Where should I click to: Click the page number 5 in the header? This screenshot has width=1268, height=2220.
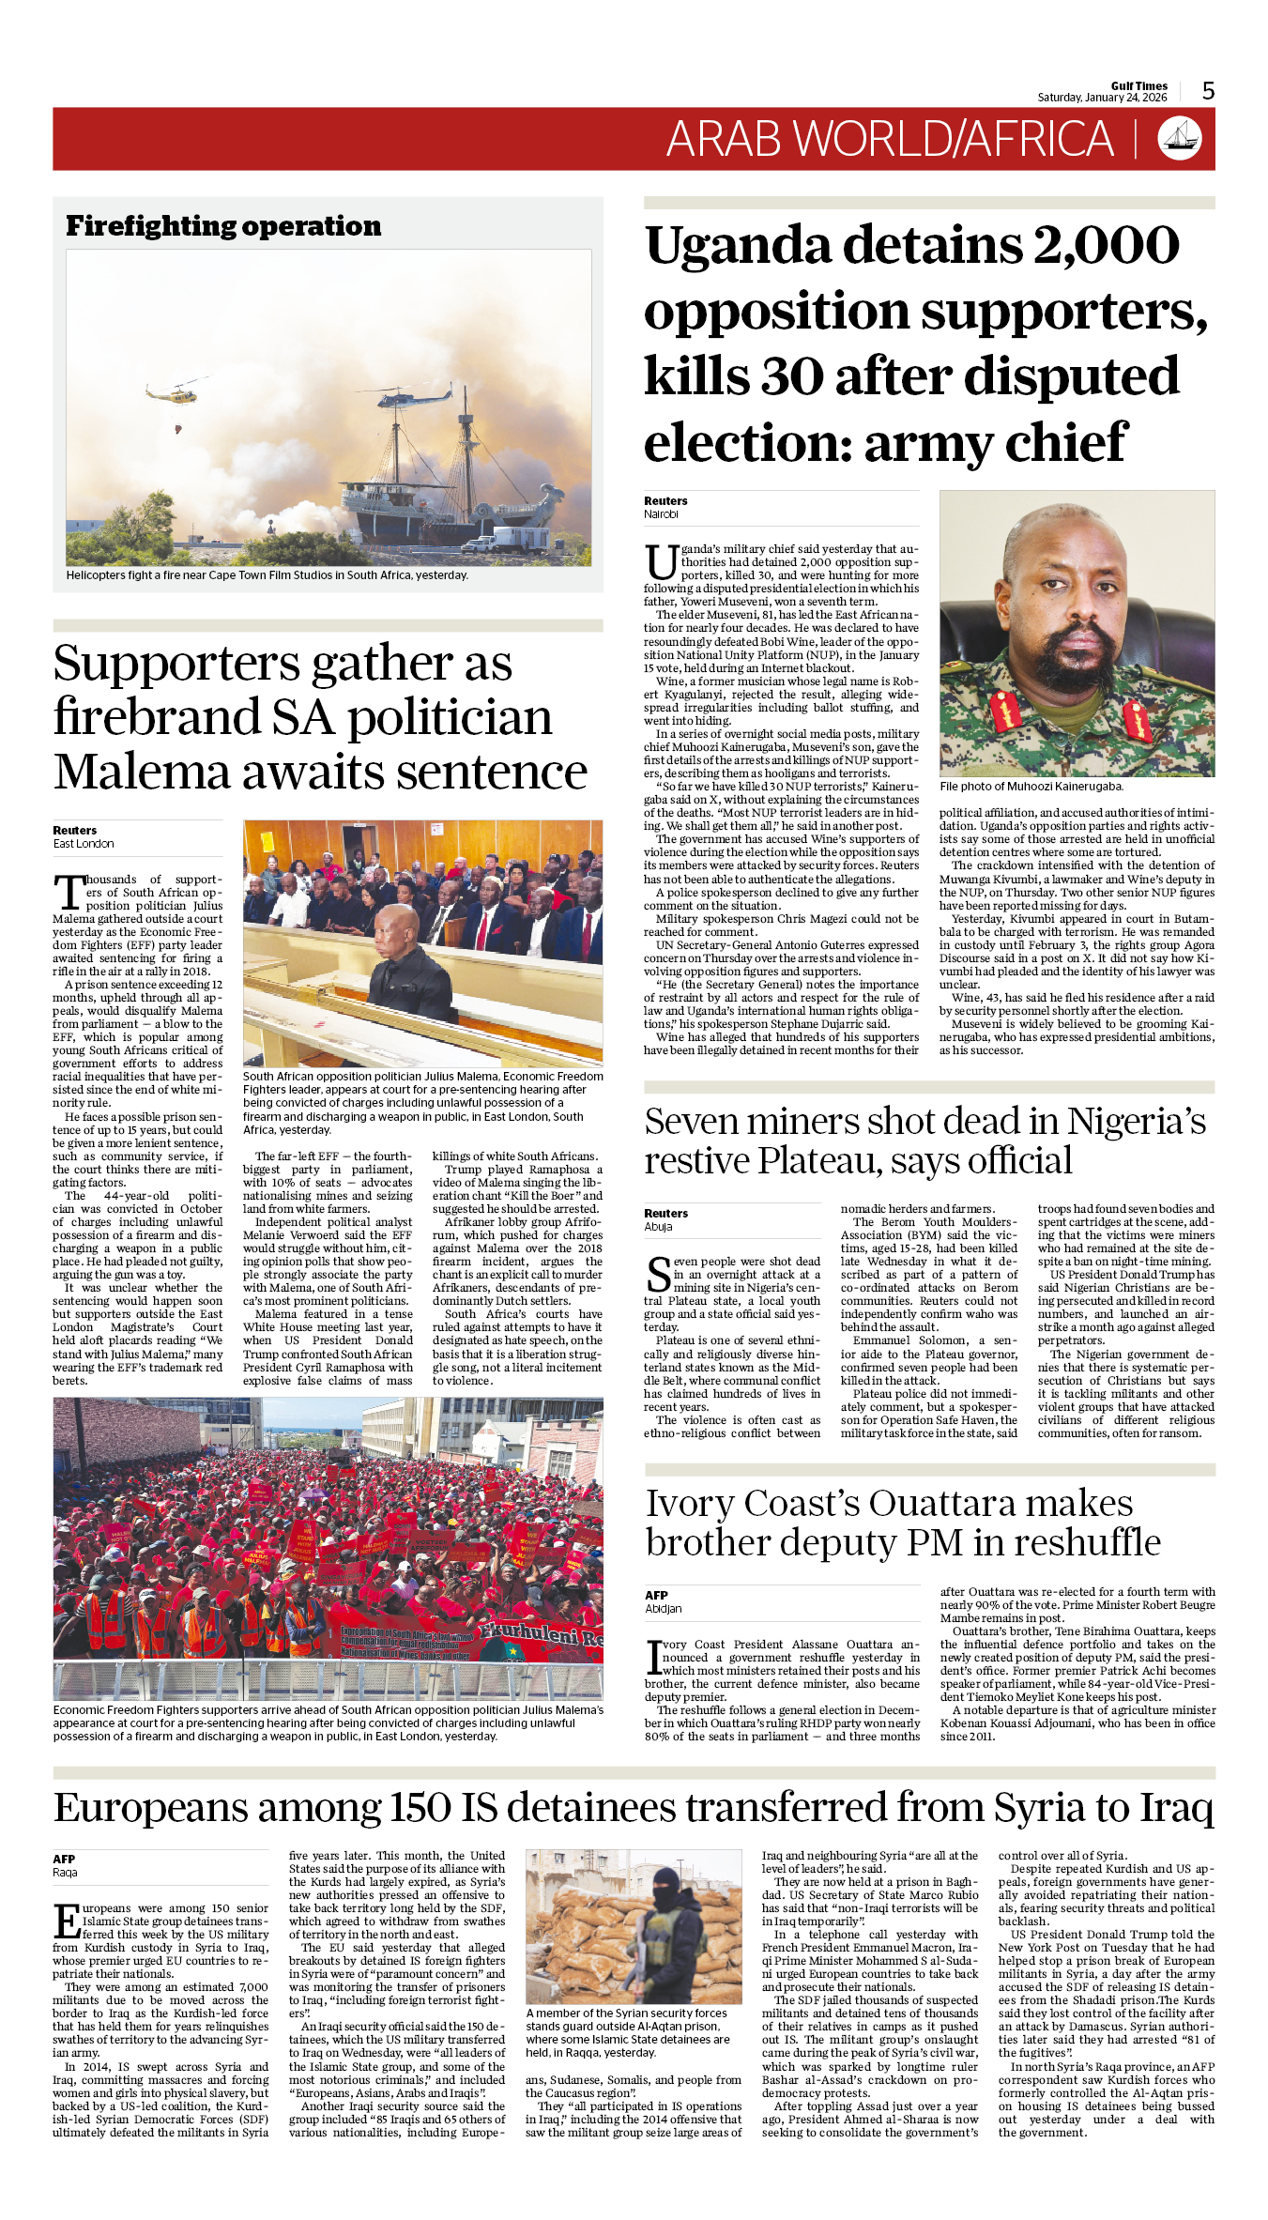pyautogui.click(x=1208, y=91)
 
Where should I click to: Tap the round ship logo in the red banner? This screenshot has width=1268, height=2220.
pyautogui.click(x=1180, y=138)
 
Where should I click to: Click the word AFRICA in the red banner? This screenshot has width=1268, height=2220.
pyautogui.click(x=1039, y=139)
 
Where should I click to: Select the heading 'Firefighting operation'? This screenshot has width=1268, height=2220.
pyautogui.click(x=223, y=226)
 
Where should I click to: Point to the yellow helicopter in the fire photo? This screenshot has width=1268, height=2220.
pyautogui.click(x=177, y=394)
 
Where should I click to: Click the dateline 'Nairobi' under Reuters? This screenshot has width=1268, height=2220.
pyautogui.click(x=661, y=514)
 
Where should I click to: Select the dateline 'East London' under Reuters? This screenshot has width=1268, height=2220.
pyautogui.click(x=84, y=844)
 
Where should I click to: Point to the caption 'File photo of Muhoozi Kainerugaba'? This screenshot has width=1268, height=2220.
pyautogui.click(x=1031, y=787)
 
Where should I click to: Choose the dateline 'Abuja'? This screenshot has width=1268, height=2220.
pyautogui.click(x=658, y=1227)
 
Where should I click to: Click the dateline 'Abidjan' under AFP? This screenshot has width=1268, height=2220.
pyautogui.click(x=664, y=1609)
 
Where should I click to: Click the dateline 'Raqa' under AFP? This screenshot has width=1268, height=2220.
pyautogui.click(x=65, y=1873)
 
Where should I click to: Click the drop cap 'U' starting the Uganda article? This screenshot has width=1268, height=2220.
pyautogui.click(x=660, y=562)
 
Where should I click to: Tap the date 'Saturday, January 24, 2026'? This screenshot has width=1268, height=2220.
pyautogui.click(x=1102, y=98)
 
